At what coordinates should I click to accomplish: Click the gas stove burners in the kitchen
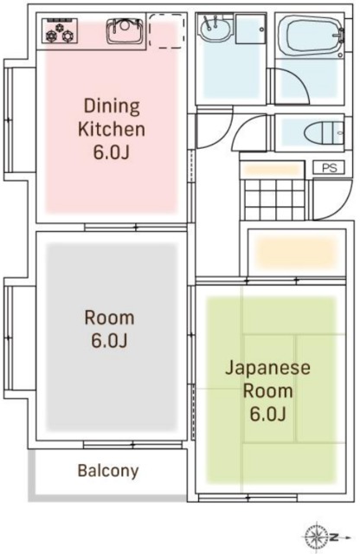(60, 31)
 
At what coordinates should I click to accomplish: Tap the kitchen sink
(125, 31)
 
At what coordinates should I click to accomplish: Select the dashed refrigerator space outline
(166, 31)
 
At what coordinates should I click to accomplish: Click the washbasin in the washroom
(215, 29)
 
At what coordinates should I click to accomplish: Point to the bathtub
(312, 35)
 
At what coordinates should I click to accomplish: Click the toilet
(324, 132)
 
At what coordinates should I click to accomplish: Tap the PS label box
(329, 167)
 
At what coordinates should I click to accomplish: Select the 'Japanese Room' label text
(267, 379)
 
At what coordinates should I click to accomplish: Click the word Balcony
(108, 470)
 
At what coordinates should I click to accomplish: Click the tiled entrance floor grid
(274, 200)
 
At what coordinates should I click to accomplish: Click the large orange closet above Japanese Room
(296, 252)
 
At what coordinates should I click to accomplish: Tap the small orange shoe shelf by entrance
(272, 170)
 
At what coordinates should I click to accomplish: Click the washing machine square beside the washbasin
(250, 29)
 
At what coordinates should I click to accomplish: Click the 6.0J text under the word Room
(109, 340)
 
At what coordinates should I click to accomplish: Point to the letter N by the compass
(334, 538)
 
